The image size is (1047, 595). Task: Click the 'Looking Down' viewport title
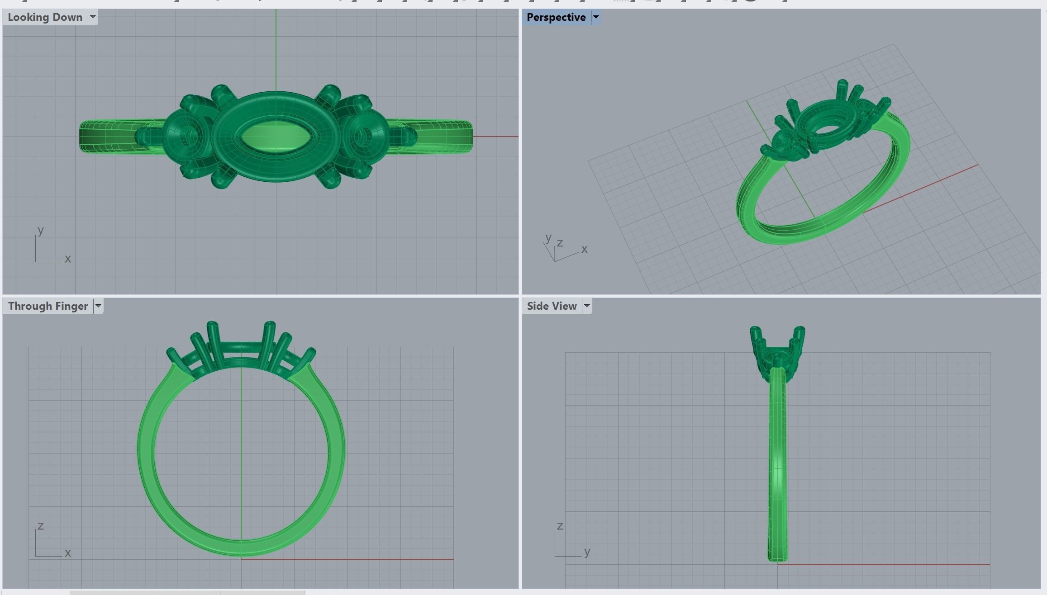point(45,17)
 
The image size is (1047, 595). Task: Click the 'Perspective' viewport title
point(556,17)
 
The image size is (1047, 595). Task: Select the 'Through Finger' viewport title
point(48,306)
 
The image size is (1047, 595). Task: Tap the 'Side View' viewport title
point(551,306)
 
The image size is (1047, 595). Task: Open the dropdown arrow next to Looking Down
point(93,17)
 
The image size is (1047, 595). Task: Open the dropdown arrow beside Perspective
point(596,17)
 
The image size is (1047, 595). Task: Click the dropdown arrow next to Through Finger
point(98,306)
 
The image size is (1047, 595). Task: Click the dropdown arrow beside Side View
point(587,306)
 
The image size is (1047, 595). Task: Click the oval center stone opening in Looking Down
point(276,136)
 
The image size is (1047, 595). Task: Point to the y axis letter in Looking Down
point(41,230)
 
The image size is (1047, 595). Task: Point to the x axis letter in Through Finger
point(68,552)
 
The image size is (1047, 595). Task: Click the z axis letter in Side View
point(560,526)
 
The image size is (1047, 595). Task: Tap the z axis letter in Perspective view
point(560,243)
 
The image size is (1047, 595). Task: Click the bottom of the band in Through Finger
point(241,548)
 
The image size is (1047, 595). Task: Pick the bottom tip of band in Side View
point(777,559)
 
